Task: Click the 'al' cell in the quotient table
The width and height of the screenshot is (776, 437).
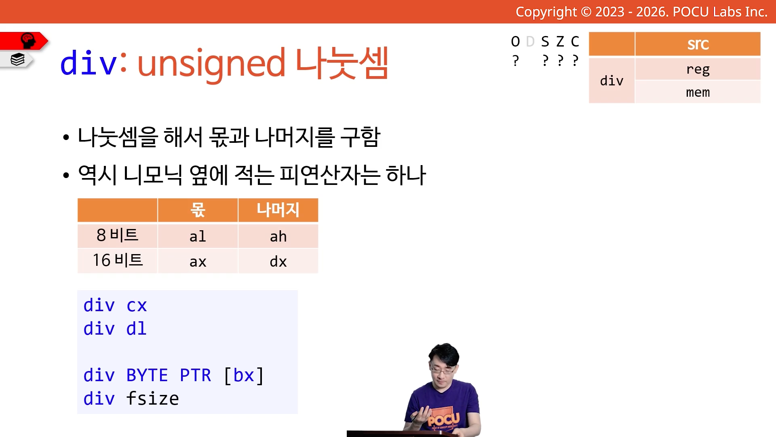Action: [198, 236]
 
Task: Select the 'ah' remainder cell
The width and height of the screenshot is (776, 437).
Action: [278, 236]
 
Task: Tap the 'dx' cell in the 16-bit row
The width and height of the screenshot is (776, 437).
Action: [278, 261]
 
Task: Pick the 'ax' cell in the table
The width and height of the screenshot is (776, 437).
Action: [198, 261]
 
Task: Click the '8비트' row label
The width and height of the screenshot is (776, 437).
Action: [117, 235]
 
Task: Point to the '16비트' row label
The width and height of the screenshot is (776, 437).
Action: [117, 260]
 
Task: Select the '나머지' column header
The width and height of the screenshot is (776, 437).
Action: [278, 210]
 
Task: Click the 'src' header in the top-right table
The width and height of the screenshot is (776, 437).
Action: [698, 44]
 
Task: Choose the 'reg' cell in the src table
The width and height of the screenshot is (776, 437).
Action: [698, 69]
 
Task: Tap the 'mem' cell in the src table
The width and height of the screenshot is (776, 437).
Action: [698, 92]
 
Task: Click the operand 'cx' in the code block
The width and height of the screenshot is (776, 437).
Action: [137, 305]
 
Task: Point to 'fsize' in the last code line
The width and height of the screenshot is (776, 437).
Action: [152, 399]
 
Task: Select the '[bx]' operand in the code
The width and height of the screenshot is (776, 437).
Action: [244, 375]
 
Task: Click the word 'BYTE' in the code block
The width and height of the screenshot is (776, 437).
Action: [147, 375]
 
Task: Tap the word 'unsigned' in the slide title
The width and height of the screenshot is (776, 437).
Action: [211, 64]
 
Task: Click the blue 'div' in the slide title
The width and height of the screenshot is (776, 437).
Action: [89, 63]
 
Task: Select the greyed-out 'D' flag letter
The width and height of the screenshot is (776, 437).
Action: [530, 41]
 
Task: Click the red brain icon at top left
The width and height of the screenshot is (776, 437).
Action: [27, 40]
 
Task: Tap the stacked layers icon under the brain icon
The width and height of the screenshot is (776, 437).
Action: [17, 59]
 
